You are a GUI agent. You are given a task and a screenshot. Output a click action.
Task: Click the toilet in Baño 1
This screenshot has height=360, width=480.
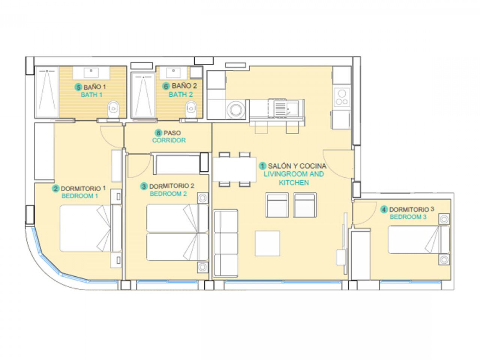tap(113, 109)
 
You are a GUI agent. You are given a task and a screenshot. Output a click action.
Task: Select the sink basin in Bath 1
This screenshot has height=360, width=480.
tap(91, 72)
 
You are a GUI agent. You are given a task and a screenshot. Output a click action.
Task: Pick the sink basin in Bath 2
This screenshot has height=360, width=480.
tap(174, 72)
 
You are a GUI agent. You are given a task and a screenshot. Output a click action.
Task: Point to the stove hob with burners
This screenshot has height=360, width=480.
tap(342, 97)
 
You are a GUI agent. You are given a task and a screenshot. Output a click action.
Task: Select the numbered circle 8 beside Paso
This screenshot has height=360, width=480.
tap(158, 133)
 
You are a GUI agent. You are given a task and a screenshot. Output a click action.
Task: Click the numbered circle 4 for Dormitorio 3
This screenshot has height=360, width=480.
tap(384, 210)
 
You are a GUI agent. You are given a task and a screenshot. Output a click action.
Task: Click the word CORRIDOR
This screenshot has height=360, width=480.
tap(169, 140)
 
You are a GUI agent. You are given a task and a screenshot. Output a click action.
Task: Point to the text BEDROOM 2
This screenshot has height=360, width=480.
tap(168, 194)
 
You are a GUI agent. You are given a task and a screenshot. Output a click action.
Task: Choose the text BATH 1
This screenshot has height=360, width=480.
tap(91, 94)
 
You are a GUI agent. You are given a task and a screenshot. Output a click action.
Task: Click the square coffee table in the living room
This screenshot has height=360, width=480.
tap(267, 243)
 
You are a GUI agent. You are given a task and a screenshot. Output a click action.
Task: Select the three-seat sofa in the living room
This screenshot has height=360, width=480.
tap(225, 243)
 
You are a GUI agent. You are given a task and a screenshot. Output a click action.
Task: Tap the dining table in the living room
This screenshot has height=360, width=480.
tap(234, 169)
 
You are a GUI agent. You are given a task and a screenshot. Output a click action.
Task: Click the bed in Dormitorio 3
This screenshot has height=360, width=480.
tap(414, 239)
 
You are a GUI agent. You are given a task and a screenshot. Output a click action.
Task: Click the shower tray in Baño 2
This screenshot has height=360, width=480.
tap(143, 95)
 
